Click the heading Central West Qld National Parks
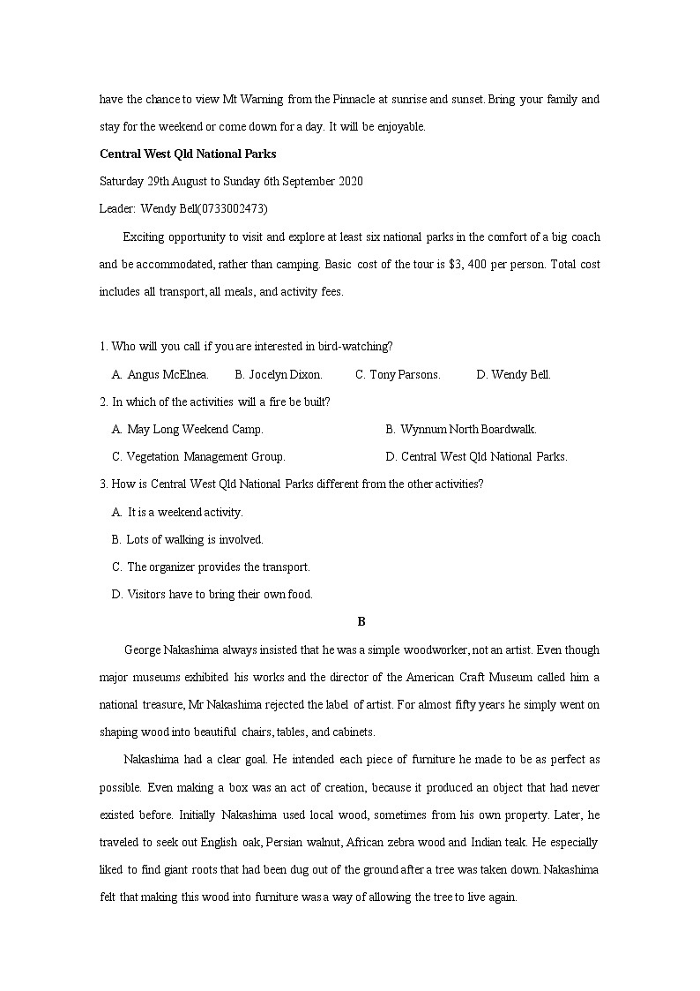pyautogui.click(x=188, y=154)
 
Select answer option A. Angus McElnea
pyautogui.click(x=160, y=374)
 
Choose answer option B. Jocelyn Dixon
pyautogui.click(x=279, y=374)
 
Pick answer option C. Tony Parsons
pyautogui.click(x=398, y=374)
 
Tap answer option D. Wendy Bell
pyautogui.click(x=513, y=374)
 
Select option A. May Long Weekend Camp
pyautogui.click(x=188, y=429)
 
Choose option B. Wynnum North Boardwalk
pyautogui.click(x=461, y=429)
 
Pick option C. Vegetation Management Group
pyautogui.click(x=198, y=456)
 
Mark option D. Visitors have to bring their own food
pyautogui.click(x=212, y=594)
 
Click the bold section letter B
pyautogui.click(x=361, y=622)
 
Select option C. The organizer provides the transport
pyautogui.click(x=211, y=567)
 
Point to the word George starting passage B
pyautogui.click(x=142, y=649)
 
